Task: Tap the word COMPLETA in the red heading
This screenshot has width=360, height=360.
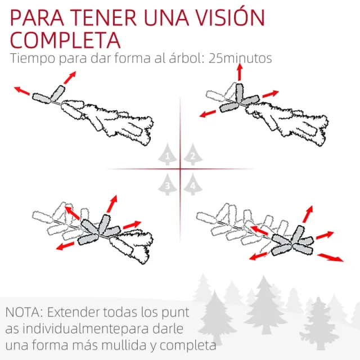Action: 65,40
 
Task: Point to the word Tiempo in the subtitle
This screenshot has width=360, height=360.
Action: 31,58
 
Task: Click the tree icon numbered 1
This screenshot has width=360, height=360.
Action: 167,154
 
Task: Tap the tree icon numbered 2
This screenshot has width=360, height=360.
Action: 193,154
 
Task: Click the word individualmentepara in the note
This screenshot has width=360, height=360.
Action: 89,328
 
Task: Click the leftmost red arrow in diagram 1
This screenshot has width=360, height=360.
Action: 22,89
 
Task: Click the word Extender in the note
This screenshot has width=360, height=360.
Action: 73,312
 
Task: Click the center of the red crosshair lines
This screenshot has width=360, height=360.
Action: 181,169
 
